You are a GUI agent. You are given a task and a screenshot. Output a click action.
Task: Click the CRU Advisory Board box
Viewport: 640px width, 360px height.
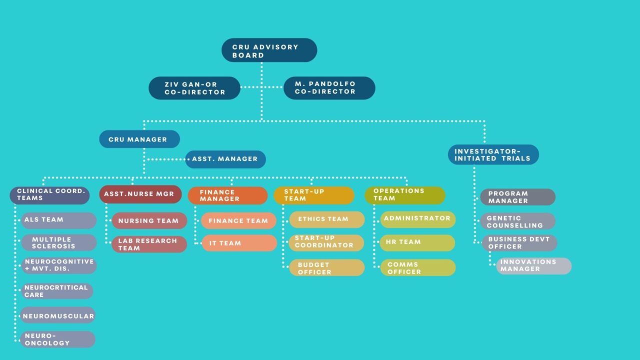click(x=269, y=50)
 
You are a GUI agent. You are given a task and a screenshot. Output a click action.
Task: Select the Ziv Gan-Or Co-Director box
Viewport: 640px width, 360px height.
click(x=194, y=88)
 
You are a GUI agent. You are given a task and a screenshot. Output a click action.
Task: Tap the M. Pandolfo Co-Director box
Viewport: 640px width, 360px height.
click(x=329, y=88)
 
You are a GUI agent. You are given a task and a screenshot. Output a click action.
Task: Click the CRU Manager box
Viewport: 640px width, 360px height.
click(x=139, y=139)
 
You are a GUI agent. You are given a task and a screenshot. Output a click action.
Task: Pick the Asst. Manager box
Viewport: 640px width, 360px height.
click(x=225, y=159)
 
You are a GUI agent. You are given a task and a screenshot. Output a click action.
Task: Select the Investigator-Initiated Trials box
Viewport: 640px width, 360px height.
click(x=493, y=154)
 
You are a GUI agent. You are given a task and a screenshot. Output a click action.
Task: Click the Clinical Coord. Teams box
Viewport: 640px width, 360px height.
click(x=50, y=195)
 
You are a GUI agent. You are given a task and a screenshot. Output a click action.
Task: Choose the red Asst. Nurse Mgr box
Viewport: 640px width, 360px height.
click(x=140, y=194)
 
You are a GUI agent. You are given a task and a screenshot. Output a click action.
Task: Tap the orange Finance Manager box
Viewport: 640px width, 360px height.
click(x=227, y=195)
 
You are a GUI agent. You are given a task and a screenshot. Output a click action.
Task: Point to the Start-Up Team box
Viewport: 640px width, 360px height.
click(x=313, y=195)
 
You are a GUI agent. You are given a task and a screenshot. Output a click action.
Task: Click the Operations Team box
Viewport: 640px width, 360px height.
click(x=404, y=195)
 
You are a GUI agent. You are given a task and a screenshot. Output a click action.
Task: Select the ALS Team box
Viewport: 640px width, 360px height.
click(x=58, y=220)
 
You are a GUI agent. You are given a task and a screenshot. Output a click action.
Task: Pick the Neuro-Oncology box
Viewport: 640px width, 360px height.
click(x=58, y=339)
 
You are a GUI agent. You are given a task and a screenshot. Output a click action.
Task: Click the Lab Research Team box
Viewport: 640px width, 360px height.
click(x=149, y=244)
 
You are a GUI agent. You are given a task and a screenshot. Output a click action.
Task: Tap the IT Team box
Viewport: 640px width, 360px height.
click(x=238, y=243)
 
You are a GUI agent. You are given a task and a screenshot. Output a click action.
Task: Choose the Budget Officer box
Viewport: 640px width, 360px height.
click(x=326, y=268)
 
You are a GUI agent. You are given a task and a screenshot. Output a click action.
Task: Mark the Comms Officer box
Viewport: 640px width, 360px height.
click(x=418, y=268)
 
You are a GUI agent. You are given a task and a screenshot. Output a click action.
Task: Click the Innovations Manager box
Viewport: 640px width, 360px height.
click(x=533, y=265)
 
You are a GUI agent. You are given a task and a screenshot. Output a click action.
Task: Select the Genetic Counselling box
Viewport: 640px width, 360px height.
click(x=518, y=221)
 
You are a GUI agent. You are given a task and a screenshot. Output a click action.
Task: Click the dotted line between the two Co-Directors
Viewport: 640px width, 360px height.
click(x=261, y=87)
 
